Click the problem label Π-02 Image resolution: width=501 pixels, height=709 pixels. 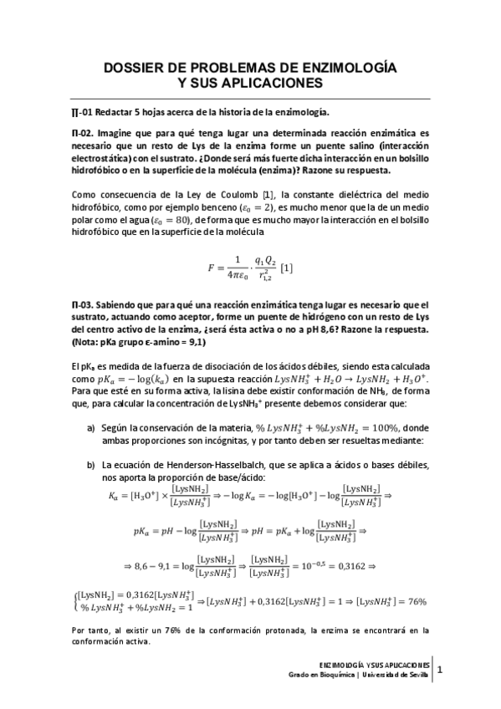pyautogui.click(x=82, y=133)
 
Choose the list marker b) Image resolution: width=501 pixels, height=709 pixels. pyautogui.click(x=91, y=464)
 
